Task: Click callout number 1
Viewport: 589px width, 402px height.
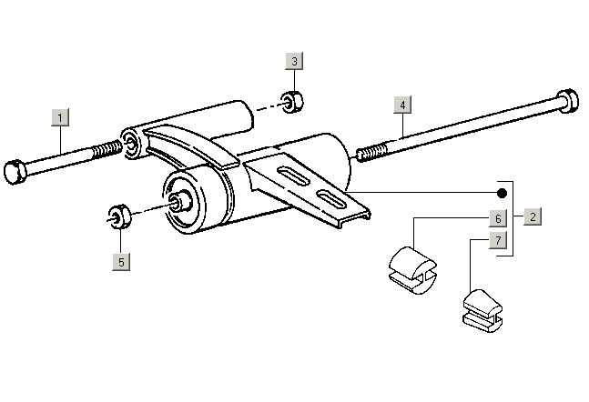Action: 60,117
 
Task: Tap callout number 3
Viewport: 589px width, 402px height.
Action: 293,62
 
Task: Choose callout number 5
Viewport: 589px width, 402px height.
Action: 121,261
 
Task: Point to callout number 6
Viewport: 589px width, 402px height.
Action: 497,218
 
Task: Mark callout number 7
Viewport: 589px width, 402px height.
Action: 497,240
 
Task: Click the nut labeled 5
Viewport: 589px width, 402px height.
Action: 116,216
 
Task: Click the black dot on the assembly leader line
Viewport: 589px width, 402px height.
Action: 501,194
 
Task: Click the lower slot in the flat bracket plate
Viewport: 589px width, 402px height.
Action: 329,199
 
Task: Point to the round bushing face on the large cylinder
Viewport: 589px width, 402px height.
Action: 181,199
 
